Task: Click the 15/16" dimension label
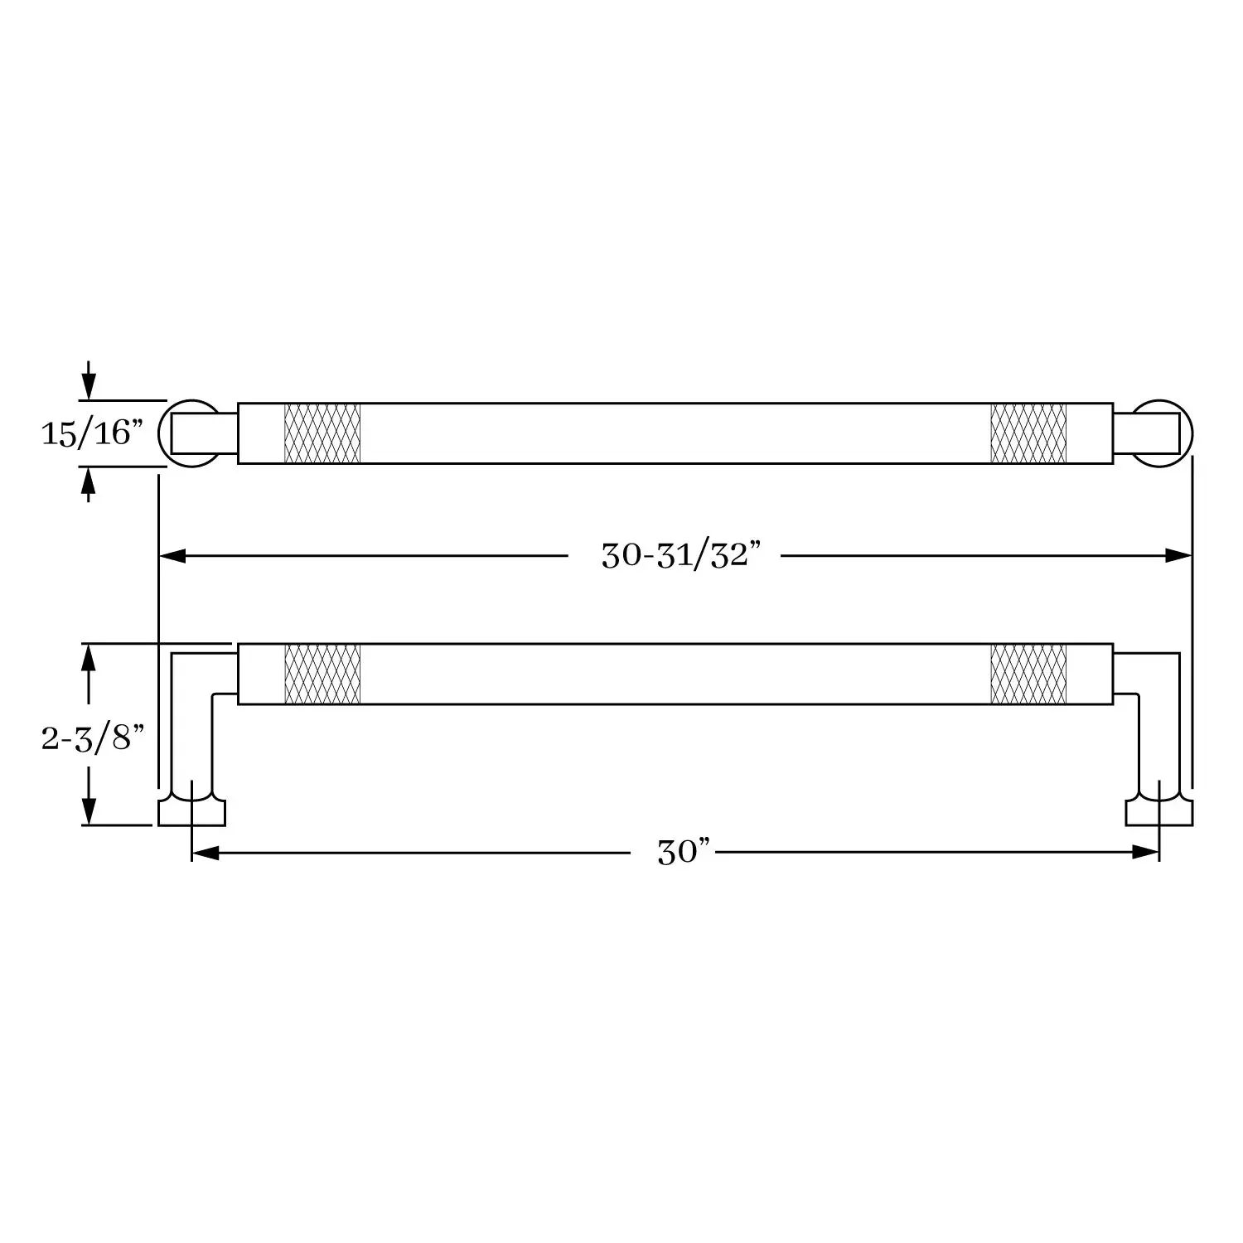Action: point(93,433)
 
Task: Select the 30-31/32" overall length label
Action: point(680,555)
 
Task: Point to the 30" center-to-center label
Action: point(684,851)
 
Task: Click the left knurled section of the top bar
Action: point(322,433)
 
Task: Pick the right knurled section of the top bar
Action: point(1028,433)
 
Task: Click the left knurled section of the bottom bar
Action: point(322,674)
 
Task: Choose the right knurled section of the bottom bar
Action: point(1028,674)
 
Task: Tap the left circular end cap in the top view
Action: point(162,433)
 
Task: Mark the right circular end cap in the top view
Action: point(1188,433)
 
